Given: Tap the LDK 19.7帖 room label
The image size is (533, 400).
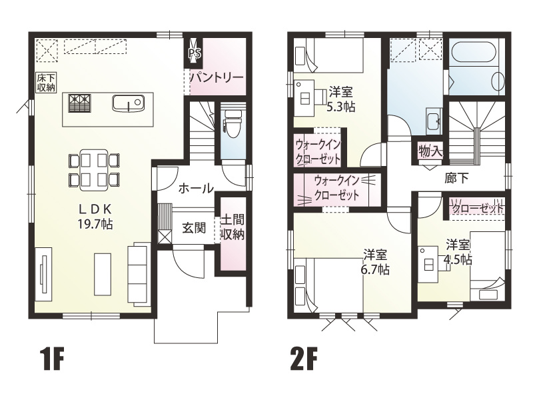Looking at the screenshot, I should (x=93, y=215).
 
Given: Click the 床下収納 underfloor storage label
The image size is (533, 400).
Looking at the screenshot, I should (x=46, y=82).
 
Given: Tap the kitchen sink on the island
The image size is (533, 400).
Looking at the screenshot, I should (x=128, y=103).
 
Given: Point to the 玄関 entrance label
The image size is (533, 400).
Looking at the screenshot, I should (x=193, y=228).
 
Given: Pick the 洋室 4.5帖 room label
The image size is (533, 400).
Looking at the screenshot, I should (x=459, y=251).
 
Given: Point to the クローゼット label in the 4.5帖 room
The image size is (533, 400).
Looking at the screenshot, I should (x=478, y=209).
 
